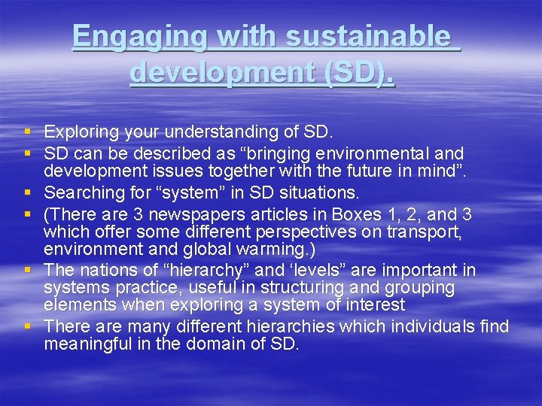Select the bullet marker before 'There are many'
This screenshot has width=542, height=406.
pos(28,327)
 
